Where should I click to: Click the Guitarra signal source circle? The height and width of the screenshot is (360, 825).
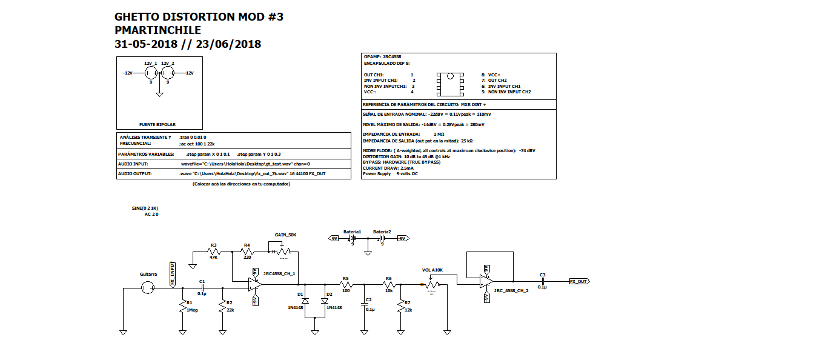coord(148,287)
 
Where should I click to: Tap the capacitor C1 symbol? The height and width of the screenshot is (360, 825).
coord(202,287)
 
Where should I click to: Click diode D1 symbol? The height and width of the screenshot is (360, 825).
coord(305,301)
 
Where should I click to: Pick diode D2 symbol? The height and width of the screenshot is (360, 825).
coord(325,301)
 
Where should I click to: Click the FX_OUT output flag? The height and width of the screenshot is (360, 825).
coord(579,281)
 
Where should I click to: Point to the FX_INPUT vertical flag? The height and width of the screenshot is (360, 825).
coord(173,275)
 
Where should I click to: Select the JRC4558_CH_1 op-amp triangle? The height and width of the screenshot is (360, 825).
coord(255,283)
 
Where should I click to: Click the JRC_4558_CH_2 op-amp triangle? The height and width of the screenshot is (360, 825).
coord(486,281)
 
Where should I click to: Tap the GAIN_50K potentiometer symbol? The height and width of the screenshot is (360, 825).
coord(281,251)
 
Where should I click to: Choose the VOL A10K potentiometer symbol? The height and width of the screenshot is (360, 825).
coord(431,284)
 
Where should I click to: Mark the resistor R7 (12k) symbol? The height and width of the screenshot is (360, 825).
coord(400,307)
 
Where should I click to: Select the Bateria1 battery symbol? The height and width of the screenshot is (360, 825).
coord(351,239)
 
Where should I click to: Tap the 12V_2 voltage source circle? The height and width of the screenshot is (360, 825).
coord(168,73)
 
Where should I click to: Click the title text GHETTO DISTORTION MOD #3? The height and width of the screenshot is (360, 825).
coord(199,17)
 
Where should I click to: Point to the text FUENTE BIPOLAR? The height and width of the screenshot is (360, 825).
coord(157,124)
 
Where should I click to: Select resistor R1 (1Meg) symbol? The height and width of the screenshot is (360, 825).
coord(182,307)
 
